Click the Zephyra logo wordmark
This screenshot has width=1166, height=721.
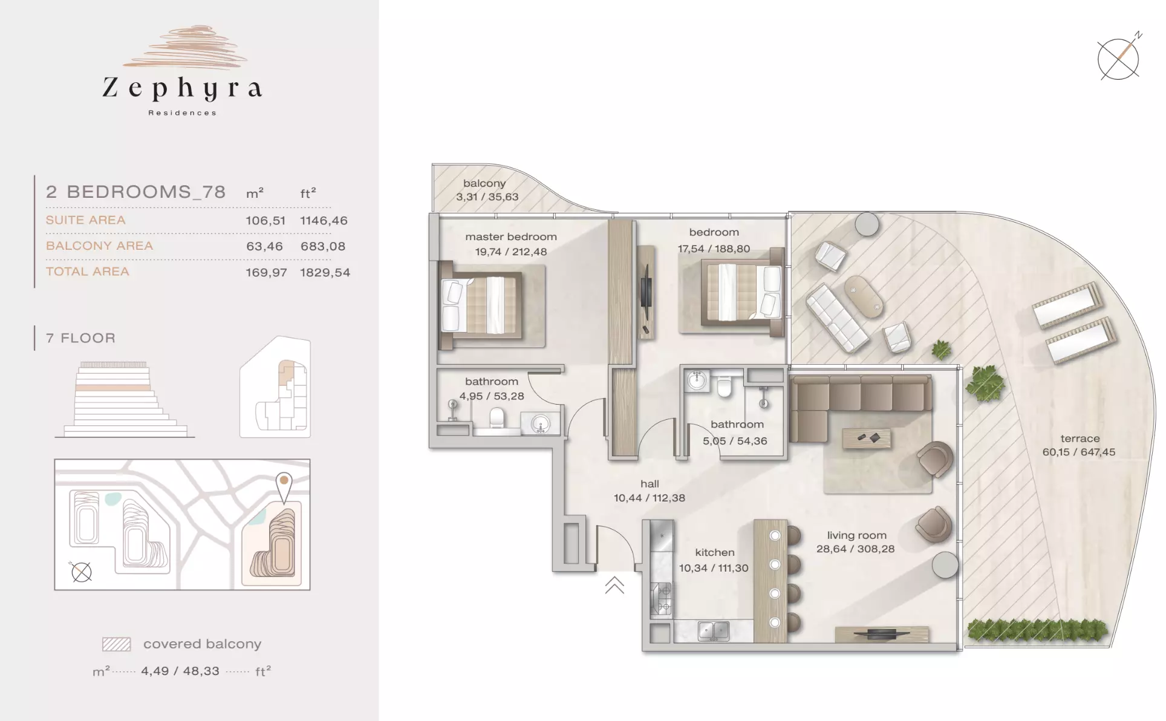point(182,88)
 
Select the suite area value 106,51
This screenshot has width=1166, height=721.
point(265,221)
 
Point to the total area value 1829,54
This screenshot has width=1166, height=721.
point(325,273)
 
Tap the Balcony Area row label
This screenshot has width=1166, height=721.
point(99,246)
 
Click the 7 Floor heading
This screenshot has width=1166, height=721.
point(80,338)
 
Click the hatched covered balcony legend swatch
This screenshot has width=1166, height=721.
point(117,644)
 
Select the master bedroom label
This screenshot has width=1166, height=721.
point(511,237)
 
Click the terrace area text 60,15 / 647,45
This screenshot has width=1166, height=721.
point(1079,452)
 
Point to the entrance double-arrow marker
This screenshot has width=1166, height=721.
point(614,585)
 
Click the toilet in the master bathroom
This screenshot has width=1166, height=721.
point(497,418)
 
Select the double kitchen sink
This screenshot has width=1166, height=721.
point(713,631)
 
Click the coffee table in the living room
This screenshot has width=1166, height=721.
point(866,439)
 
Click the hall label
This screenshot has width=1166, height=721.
point(650,484)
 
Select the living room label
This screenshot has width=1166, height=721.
point(856,535)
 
